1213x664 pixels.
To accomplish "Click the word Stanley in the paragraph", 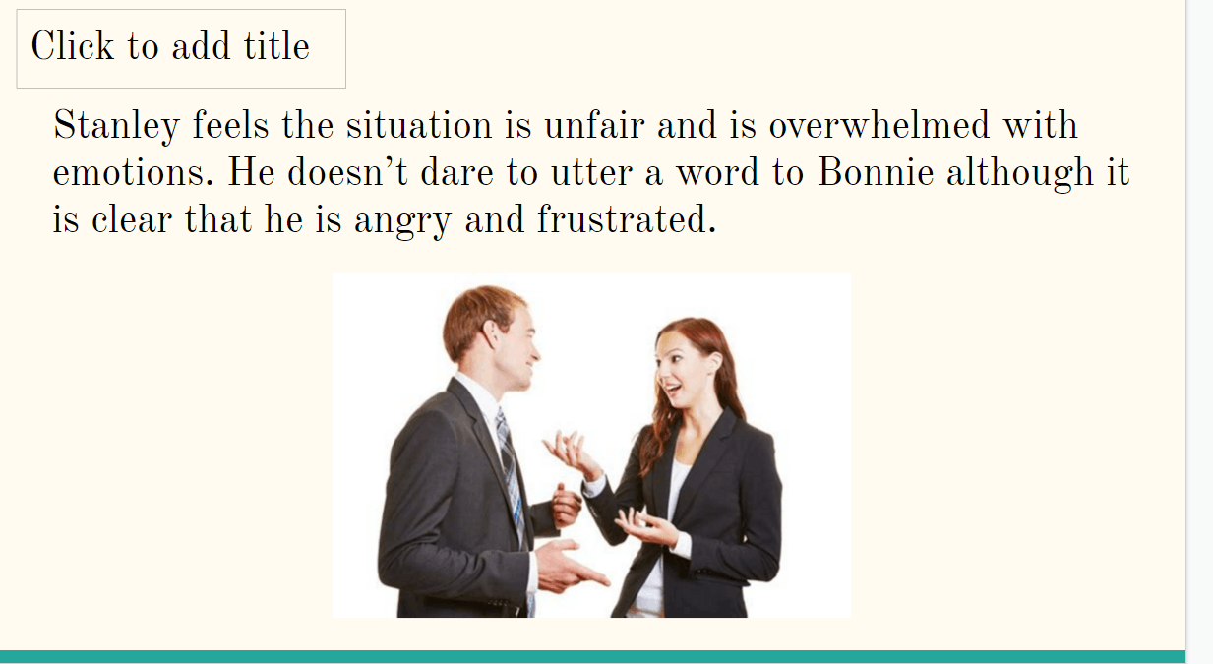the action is tap(116, 126).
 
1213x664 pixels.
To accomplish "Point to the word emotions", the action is tap(133, 172).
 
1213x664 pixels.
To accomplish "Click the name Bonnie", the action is tap(876, 172).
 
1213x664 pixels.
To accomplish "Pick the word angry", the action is tap(402, 221).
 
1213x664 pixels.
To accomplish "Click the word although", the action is tap(1020, 173).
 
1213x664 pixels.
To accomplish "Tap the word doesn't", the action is tap(347, 172).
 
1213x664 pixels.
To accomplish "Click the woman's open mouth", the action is tap(673, 388).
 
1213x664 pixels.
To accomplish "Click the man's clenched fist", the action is tap(567, 507).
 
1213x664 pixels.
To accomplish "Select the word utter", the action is tap(592, 172).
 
